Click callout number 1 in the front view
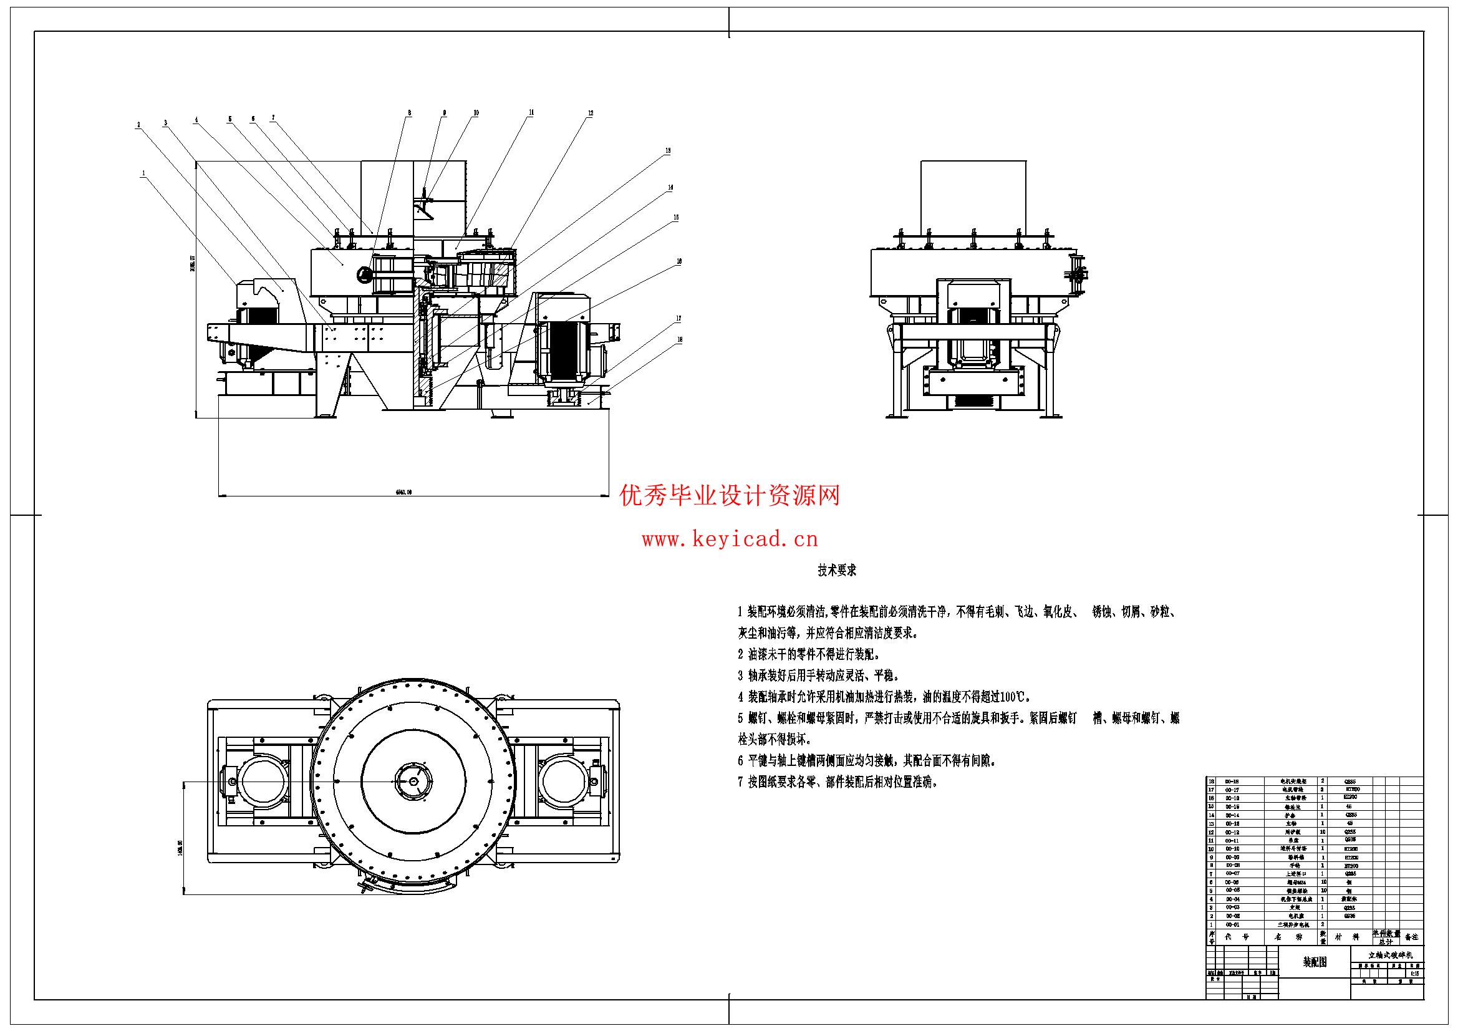(x=144, y=172)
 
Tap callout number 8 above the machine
(x=410, y=113)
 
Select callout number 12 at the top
(x=590, y=113)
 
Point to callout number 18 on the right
(x=680, y=340)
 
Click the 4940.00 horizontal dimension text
(x=404, y=491)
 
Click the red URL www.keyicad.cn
(x=730, y=540)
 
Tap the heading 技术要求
(x=837, y=571)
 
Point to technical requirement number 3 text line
(x=819, y=675)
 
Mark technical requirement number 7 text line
(x=838, y=783)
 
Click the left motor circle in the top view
(x=262, y=782)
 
